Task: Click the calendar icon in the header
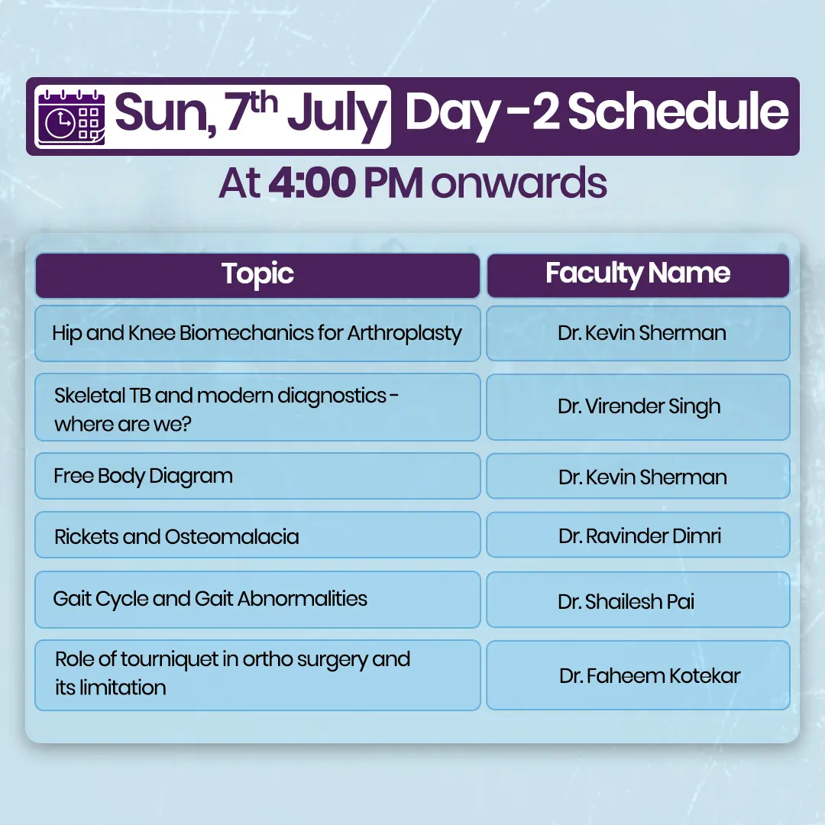[72, 118]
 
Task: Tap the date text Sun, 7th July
[250, 112]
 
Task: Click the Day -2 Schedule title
[597, 112]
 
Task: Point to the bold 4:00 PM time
[345, 183]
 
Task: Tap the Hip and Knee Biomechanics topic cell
[258, 334]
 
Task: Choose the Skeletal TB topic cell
[258, 407]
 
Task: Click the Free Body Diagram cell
[258, 476]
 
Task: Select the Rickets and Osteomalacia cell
[258, 535]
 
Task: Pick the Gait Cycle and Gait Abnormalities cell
[258, 600]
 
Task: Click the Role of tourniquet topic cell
[258, 675]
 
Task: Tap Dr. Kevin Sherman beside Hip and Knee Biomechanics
[638, 334]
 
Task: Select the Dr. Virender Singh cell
[638, 407]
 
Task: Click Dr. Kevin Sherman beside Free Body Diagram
[638, 476]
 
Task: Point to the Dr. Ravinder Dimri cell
[638, 535]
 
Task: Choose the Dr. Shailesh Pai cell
[638, 600]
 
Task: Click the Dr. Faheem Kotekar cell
[638, 675]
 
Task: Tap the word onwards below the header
[519, 183]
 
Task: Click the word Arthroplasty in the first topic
[404, 334]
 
